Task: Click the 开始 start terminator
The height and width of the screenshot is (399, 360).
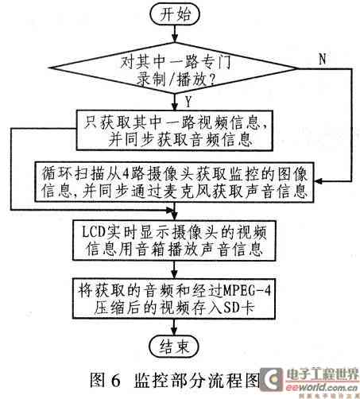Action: (174, 14)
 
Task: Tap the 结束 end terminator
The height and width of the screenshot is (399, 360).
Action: (174, 346)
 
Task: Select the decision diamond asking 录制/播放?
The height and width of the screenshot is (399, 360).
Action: (174, 68)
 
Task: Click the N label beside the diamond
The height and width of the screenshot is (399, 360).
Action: (323, 59)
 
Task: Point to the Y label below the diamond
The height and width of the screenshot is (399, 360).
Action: (188, 102)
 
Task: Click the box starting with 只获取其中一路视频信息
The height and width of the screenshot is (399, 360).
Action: (175, 130)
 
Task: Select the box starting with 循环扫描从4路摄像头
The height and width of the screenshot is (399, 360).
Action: (174, 182)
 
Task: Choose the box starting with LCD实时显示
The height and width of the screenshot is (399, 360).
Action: (174, 240)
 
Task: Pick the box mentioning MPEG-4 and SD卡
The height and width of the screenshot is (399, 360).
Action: (174, 298)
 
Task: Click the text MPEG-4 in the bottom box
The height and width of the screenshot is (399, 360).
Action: (247, 291)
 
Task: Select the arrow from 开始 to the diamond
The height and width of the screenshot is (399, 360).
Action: (174, 33)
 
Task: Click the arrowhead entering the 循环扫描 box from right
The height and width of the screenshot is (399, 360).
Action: (318, 181)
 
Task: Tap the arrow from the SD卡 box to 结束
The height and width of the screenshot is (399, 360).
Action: (174, 327)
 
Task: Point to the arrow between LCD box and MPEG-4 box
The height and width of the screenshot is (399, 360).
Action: (174, 269)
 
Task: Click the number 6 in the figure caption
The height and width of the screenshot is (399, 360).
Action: (115, 381)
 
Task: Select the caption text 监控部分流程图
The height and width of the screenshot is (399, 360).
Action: (197, 381)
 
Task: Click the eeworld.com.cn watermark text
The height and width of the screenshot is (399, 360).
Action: (322, 387)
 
